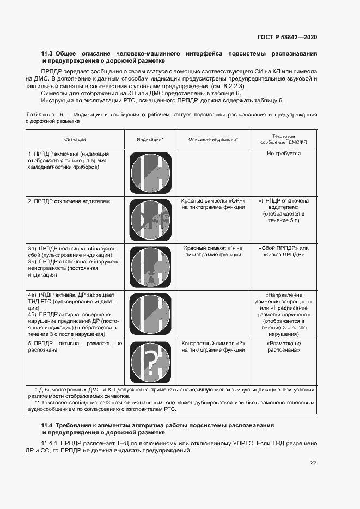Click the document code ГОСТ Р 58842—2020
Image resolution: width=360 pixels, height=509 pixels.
pyautogui.click(x=287, y=38)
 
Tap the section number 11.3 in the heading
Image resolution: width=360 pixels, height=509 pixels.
pyautogui.click(x=48, y=54)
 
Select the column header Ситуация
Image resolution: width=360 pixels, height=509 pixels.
pyautogui.click(x=75, y=140)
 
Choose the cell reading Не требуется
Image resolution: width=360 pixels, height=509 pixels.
pyautogui.click(x=283, y=154)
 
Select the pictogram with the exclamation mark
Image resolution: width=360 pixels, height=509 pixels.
pyautogui.click(x=150, y=267)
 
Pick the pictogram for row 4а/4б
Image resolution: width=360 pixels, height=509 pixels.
pyautogui.click(x=150, y=315)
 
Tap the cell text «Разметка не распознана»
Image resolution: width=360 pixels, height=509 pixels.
pyautogui.click(x=283, y=347)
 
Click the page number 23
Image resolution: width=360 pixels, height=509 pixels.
pyautogui.click(x=313, y=463)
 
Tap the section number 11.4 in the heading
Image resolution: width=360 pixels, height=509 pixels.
pyautogui.click(x=48, y=425)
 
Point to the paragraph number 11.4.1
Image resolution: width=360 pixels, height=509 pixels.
pyautogui.click(x=50, y=444)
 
